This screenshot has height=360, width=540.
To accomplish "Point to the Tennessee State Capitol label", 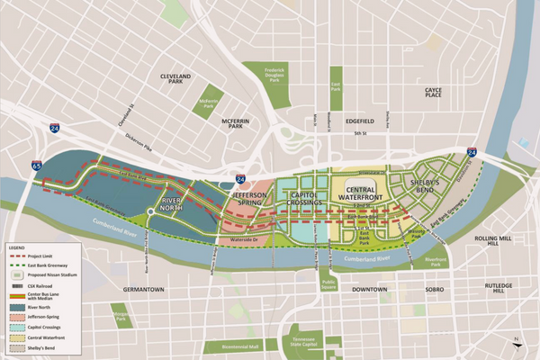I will pyautogui.click(x=310, y=342).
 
